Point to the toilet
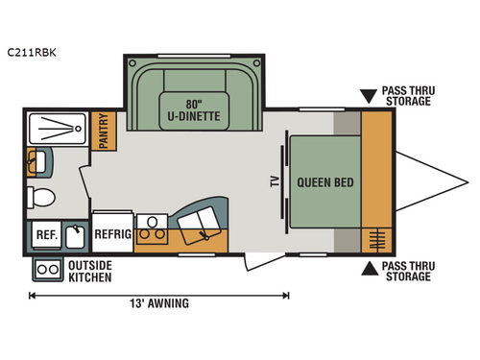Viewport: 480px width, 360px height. (42, 198)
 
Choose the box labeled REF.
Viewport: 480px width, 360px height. (45, 233)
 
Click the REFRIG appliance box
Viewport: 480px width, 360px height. (111, 233)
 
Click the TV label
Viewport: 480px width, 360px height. (275, 182)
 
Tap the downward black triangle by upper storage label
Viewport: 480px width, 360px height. (369, 96)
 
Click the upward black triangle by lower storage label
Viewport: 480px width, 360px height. (369, 268)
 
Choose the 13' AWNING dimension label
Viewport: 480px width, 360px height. (158, 304)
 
